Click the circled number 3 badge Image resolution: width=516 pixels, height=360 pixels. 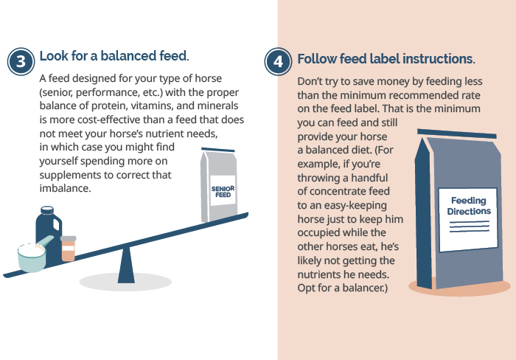(21, 61)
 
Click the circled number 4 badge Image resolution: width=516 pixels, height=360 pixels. (278, 61)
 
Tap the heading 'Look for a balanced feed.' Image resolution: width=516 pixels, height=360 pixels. (114, 56)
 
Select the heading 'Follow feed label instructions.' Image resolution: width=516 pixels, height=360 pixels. (386, 59)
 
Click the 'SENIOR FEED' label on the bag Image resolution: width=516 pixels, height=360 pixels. (223, 192)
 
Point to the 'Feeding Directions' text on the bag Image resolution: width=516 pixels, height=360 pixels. (469, 206)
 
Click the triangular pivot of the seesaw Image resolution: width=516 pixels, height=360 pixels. (126, 265)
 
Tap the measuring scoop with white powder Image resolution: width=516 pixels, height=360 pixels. (33, 256)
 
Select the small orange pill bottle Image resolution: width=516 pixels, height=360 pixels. (68, 249)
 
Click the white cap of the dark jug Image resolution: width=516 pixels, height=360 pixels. (47, 210)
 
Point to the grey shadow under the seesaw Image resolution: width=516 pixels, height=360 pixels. (125, 283)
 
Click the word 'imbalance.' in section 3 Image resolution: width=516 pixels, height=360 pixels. (65, 188)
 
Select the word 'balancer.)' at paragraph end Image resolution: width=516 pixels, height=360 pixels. (365, 288)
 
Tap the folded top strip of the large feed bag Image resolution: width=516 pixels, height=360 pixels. (457, 134)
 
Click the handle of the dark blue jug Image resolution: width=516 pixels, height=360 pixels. (56, 224)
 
